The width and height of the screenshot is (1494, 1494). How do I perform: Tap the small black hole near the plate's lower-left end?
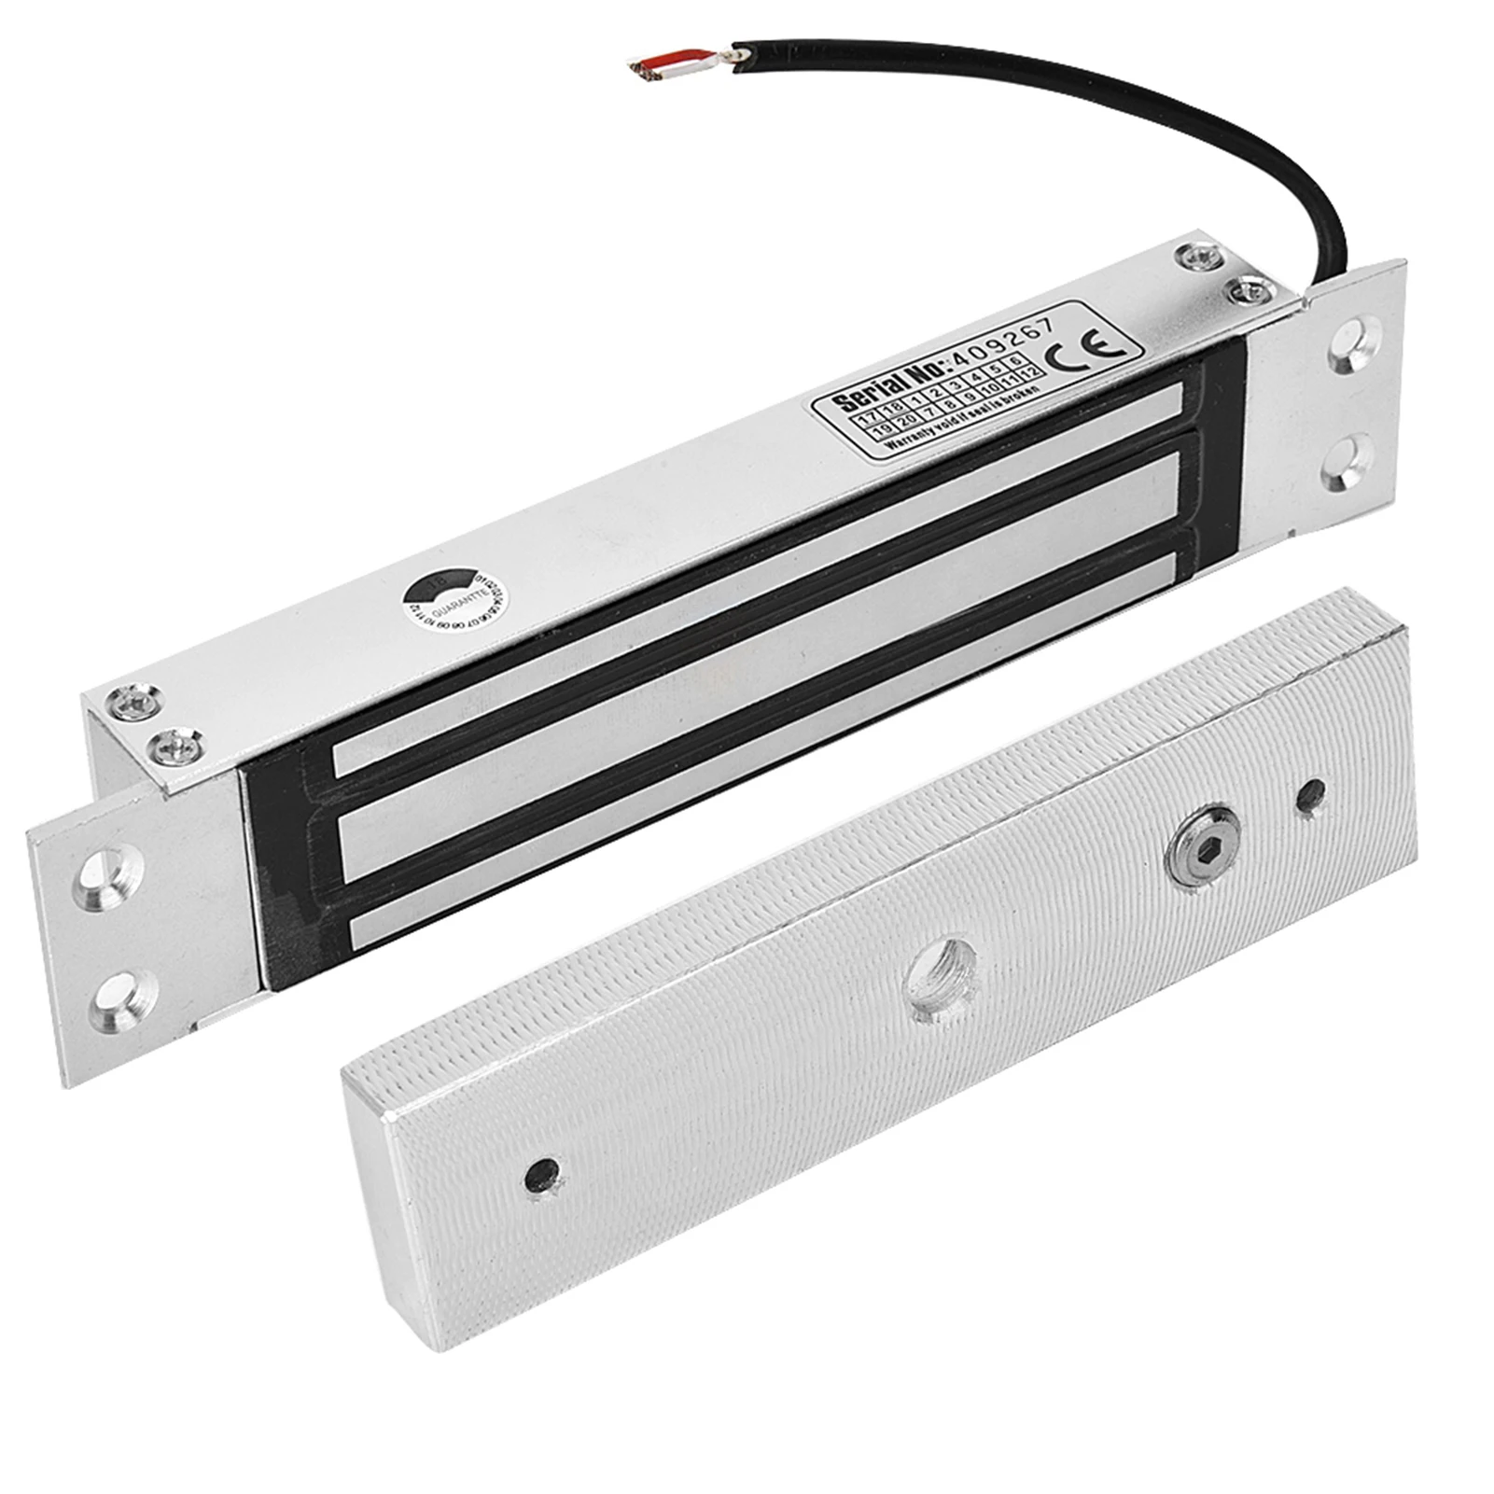pyautogui.click(x=544, y=1172)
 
